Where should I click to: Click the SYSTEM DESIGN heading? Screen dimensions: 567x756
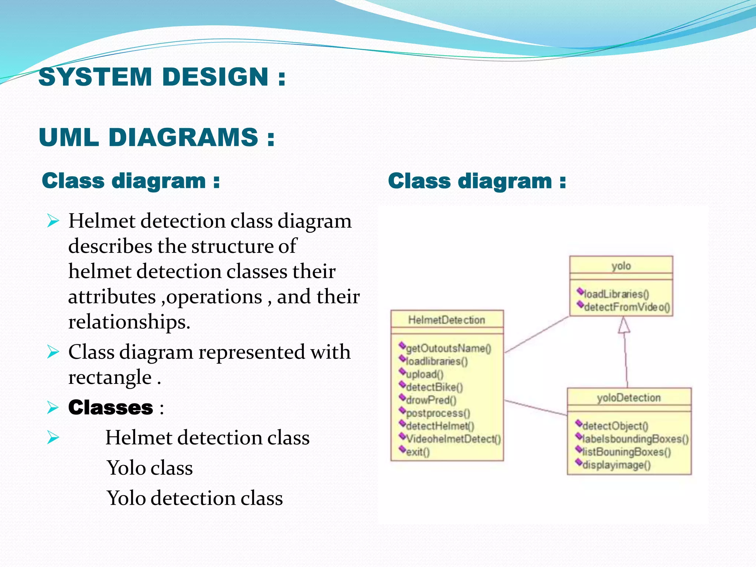162,77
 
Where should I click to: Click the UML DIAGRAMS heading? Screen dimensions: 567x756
157,137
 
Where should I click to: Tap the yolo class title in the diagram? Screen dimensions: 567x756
621,266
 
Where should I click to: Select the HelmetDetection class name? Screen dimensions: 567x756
446,320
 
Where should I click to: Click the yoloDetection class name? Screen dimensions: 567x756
629,398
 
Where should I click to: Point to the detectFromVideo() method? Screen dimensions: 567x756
626,307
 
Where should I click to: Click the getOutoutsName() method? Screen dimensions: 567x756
448,348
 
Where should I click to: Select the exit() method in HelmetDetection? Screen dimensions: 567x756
417,452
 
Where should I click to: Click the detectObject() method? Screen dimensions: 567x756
615,426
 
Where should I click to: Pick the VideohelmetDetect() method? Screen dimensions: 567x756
453,439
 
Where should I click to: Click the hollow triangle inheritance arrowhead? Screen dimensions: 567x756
624,325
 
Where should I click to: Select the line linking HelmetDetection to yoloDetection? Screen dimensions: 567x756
535,408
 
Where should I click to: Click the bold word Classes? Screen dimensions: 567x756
110,408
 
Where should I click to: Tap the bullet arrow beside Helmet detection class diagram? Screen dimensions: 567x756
53,221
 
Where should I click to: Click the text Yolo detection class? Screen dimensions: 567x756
195,498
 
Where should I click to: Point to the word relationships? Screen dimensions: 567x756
129,322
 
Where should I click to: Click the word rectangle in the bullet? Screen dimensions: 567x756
110,377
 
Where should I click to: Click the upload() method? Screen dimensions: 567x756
424,374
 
